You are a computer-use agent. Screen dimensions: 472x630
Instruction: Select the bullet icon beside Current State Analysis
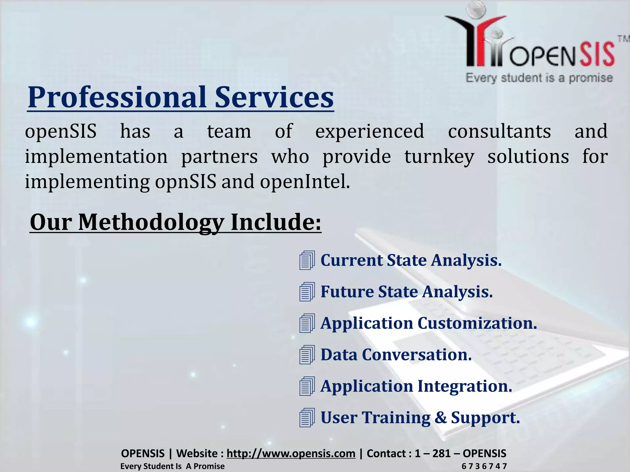[307, 260]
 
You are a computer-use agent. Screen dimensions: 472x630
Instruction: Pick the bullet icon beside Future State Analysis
[307, 292]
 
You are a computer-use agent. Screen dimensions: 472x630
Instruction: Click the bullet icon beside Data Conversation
[307, 355]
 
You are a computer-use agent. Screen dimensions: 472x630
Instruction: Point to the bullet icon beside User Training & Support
[307, 418]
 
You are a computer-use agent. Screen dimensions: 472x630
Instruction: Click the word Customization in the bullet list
[477, 323]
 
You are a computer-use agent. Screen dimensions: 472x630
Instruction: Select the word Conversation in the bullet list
[417, 355]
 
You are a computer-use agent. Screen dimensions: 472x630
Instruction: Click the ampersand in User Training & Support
[441, 418]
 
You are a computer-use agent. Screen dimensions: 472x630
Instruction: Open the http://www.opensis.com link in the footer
[291, 453]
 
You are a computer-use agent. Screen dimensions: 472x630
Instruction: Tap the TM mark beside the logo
[623, 39]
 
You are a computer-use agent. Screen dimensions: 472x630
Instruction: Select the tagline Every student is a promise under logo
[539, 78]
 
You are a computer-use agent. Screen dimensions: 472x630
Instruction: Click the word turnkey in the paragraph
[439, 156]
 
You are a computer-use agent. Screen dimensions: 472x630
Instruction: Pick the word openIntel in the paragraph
[304, 182]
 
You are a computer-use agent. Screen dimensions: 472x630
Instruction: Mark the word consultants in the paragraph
[499, 131]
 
